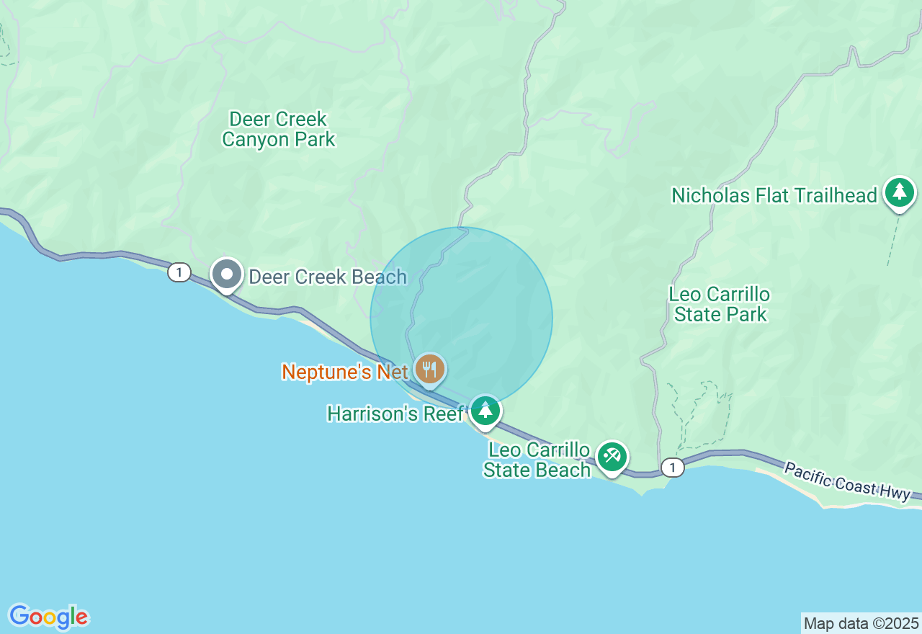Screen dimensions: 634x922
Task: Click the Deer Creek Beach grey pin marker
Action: pyautogui.click(x=227, y=274)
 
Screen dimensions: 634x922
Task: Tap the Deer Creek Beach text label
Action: pyautogui.click(x=328, y=277)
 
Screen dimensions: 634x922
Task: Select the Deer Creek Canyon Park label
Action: pyautogui.click(x=279, y=129)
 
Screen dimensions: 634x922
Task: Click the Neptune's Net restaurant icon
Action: pyautogui.click(x=430, y=370)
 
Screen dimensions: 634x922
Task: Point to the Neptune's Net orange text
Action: pyautogui.click(x=345, y=372)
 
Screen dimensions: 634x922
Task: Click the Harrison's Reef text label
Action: pyautogui.click(x=395, y=414)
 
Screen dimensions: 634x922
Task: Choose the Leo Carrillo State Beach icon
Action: pyautogui.click(x=612, y=456)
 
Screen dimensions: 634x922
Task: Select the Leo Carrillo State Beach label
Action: pyautogui.click(x=538, y=460)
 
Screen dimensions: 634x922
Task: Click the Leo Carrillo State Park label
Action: pyautogui.click(x=720, y=304)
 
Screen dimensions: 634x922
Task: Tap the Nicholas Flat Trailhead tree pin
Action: pyautogui.click(x=900, y=192)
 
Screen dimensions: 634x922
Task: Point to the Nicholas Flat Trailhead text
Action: pyautogui.click(x=774, y=195)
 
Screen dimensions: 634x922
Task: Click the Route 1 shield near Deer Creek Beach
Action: pyautogui.click(x=179, y=272)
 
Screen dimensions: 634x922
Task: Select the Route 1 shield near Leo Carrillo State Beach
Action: pyautogui.click(x=672, y=468)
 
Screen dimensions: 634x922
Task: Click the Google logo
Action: pyautogui.click(x=48, y=617)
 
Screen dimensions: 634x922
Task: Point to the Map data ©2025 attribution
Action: pyautogui.click(x=861, y=623)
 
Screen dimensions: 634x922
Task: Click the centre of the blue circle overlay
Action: pyautogui.click(x=462, y=318)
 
